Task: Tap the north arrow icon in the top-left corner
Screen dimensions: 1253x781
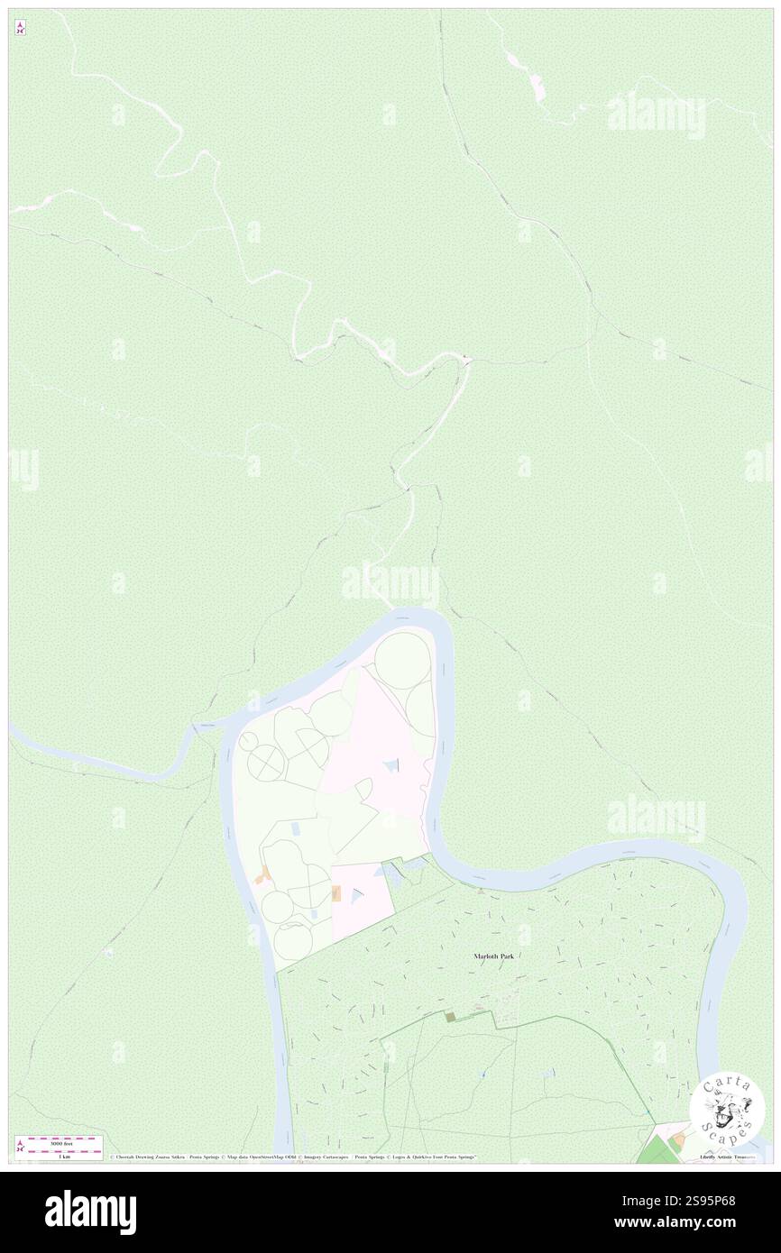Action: click(x=20, y=29)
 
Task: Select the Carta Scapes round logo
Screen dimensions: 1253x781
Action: click(x=728, y=1111)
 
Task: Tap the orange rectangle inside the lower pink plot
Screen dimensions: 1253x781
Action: click(x=336, y=893)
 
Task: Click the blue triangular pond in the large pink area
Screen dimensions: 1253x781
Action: click(x=390, y=766)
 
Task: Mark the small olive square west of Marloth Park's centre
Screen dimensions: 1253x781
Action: click(x=451, y=1017)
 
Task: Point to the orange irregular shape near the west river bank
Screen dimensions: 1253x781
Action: click(x=265, y=875)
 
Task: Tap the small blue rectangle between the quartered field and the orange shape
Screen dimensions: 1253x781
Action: click(x=297, y=828)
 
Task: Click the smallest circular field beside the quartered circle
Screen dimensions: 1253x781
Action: click(x=245, y=741)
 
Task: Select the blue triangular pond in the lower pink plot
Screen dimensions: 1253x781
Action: click(x=357, y=894)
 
